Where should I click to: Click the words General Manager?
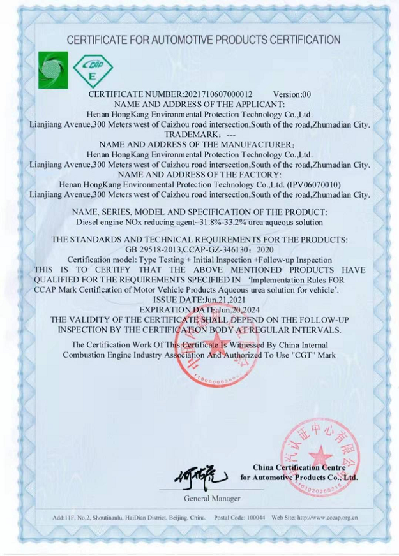pos(213,497)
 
